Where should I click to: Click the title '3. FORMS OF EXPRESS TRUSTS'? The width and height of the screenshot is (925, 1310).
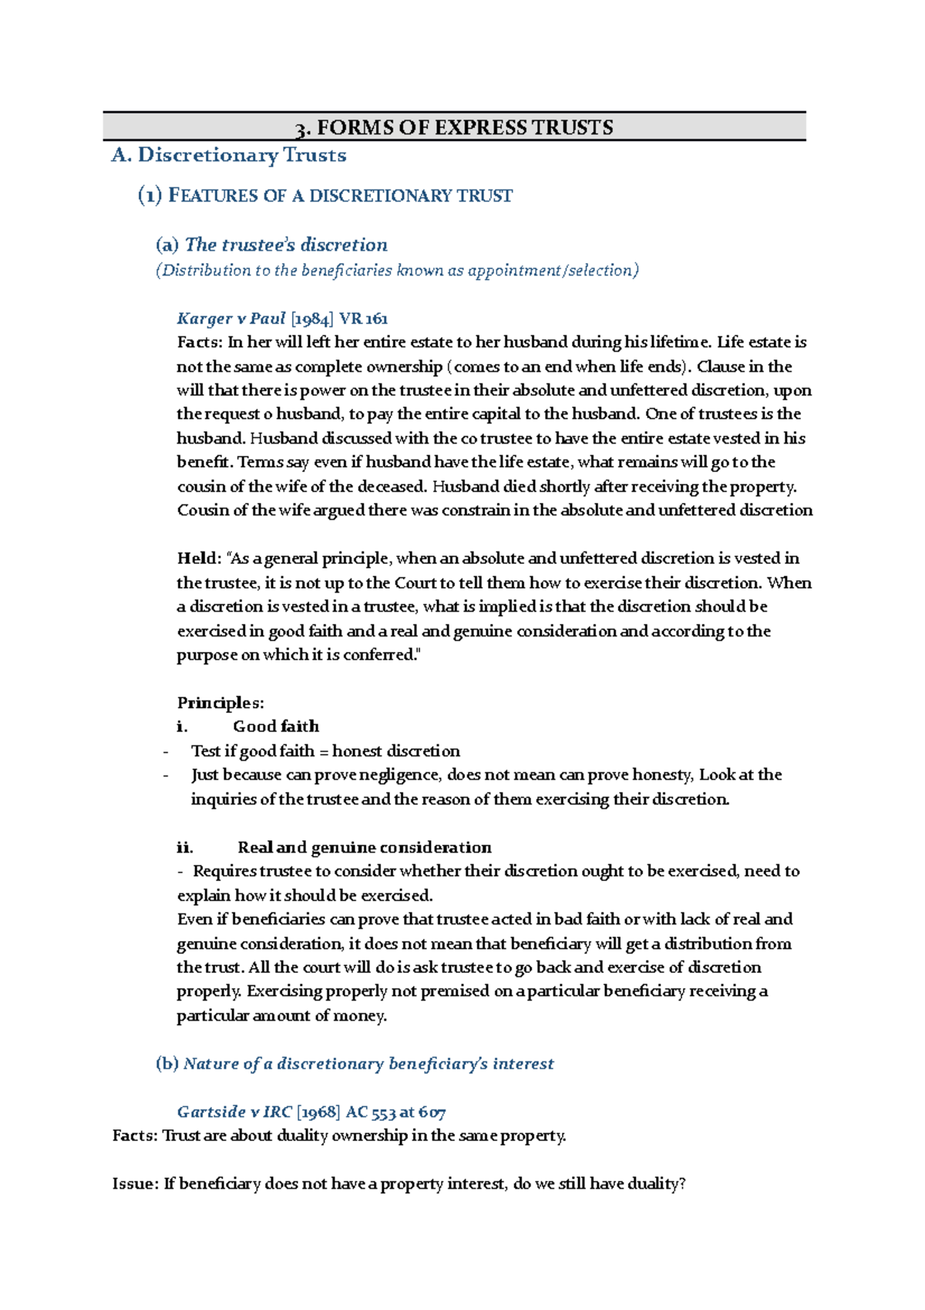pos(455,127)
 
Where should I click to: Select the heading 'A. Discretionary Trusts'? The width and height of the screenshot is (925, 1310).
pos(229,155)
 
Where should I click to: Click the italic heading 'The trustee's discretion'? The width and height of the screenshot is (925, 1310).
pos(286,245)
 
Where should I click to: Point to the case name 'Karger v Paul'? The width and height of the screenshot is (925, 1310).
pos(230,319)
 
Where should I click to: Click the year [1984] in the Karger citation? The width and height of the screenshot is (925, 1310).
pos(312,319)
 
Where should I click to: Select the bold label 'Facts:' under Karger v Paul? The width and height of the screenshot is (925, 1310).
pos(199,343)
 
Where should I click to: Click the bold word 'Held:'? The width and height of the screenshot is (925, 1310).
pos(199,559)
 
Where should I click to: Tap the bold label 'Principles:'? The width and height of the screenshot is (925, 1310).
pos(220,703)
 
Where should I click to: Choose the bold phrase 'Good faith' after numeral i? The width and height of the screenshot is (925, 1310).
pos(275,727)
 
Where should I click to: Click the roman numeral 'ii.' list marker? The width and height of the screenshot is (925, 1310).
pos(185,848)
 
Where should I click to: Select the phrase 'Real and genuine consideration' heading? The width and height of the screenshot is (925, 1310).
pos(364,848)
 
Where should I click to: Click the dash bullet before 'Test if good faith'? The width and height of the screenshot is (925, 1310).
pos(166,752)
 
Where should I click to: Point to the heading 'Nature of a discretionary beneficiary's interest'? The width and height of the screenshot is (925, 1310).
pos(368,1064)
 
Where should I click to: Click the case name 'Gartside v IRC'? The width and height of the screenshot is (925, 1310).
pos(234,1112)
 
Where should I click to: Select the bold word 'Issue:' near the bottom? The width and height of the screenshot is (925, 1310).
pos(135,1184)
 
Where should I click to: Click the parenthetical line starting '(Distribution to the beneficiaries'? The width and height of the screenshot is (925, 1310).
pos(397,271)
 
